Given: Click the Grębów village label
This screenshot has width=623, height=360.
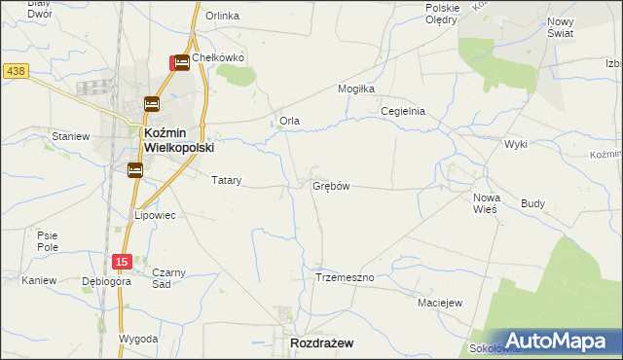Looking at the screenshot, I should pyautogui.click(x=331, y=186).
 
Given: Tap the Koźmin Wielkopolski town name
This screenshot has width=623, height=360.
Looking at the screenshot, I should pyautogui.click(x=178, y=139).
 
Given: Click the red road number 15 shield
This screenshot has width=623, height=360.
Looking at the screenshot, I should pyautogui.click(x=121, y=262).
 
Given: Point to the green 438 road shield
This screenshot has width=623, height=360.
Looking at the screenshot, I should pyautogui.click(x=15, y=71).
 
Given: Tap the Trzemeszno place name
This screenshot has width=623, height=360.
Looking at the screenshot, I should pyautogui.click(x=345, y=278).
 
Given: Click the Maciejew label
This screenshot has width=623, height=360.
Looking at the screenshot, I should pyautogui.click(x=439, y=303).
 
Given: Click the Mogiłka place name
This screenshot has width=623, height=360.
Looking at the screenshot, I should pyautogui.click(x=355, y=89).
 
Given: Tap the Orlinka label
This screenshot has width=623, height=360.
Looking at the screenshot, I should pyautogui.click(x=222, y=16).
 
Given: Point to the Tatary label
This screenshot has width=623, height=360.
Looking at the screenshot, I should pyautogui.click(x=227, y=180).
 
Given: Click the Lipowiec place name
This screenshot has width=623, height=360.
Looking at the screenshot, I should pyautogui.click(x=155, y=215).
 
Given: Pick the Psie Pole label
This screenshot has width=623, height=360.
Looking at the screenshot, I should pyautogui.click(x=48, y=240).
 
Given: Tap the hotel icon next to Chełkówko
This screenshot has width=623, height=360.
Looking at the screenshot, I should pyautogui.click(x=181, y=62).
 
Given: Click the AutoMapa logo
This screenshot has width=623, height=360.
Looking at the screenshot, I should pyautogui.click(x=558, y=340).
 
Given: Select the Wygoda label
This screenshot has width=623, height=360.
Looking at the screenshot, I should pyautogui.click(x=138, y=339).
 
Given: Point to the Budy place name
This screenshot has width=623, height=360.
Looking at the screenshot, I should pyautogui.click(x=532, y=203).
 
